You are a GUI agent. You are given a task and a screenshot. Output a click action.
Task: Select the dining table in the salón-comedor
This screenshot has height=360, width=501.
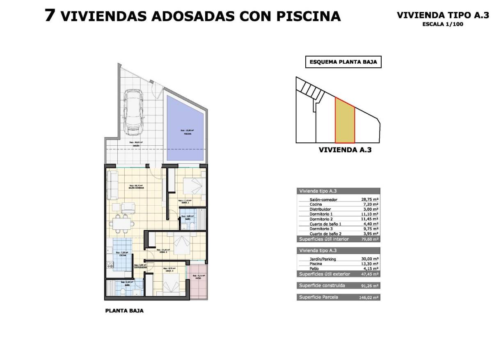(x=122, y=223)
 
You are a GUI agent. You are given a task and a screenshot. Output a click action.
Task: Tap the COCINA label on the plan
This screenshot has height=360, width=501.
(x=123, y=255)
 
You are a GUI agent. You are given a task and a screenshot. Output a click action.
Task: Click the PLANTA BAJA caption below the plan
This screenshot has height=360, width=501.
(x=124, y=311)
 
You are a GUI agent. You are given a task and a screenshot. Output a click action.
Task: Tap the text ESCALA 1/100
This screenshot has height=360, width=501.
(x=443, y=24)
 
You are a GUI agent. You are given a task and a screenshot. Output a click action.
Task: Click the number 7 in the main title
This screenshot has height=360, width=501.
(x=50, y=16)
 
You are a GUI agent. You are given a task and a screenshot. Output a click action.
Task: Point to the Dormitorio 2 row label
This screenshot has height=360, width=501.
(x=321, y=219)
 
